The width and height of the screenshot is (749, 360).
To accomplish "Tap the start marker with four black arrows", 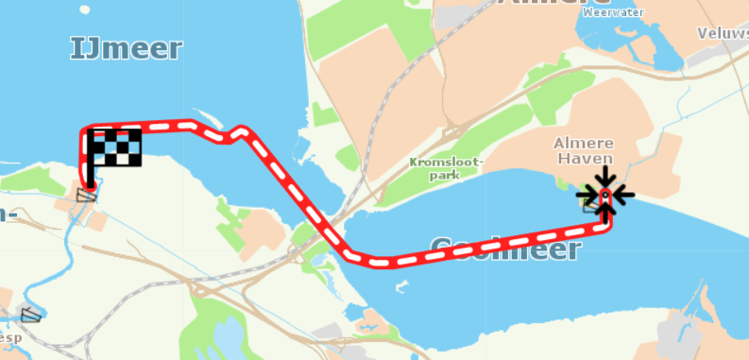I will (605, 196).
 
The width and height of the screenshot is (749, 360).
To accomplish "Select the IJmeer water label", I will (126, 48).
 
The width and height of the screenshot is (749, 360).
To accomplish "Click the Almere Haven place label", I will (585, 151).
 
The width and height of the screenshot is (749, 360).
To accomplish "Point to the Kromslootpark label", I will (446, 167).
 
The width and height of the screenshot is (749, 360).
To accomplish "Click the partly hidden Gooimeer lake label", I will (504, 249).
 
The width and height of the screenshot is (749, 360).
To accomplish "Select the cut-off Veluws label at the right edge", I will (723, 33).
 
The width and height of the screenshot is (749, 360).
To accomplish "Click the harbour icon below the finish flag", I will (86, 196).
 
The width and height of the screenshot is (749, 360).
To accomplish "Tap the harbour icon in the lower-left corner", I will (31, 315).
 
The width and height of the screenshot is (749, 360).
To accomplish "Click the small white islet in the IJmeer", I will (84, 10).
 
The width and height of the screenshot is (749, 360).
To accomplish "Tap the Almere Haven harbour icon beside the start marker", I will (591, 205).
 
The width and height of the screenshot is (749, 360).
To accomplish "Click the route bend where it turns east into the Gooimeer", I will (357, 256).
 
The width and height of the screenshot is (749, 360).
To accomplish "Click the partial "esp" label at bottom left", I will (9, 336).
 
